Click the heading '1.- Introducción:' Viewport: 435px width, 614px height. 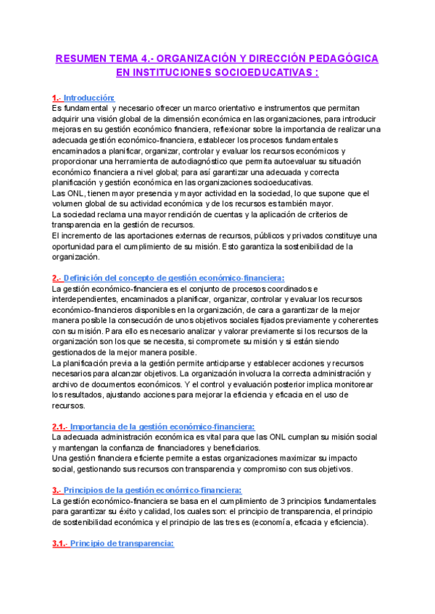tap(83, 98)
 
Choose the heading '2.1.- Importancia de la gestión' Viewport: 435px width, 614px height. tap(153, 427)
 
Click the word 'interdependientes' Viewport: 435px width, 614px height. tap(91, 299)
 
